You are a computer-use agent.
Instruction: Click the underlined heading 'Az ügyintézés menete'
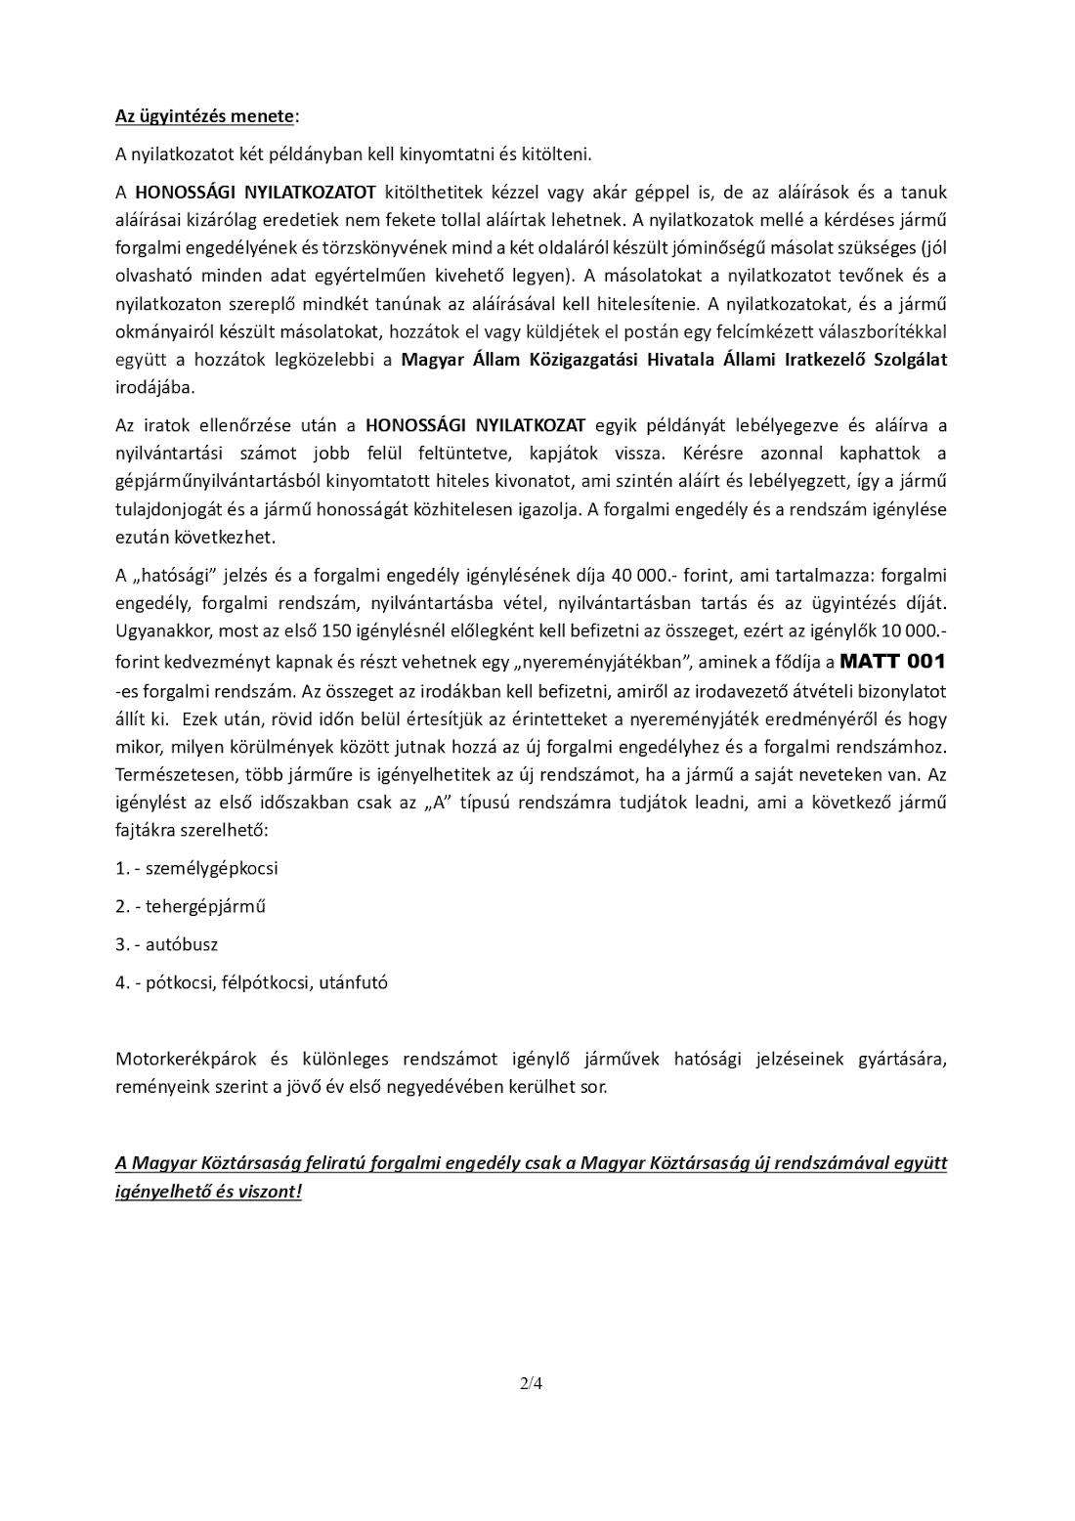[204, 116]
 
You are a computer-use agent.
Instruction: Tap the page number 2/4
[531, 1383]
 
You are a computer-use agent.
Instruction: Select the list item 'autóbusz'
[182, 944]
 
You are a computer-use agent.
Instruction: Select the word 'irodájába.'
[155, 386]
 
